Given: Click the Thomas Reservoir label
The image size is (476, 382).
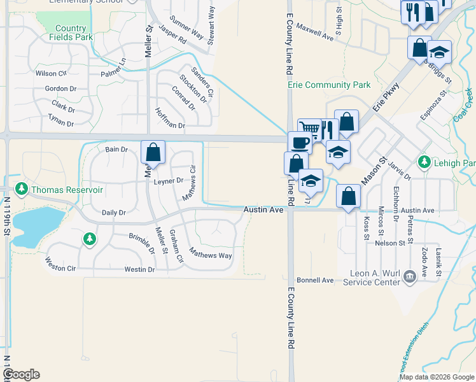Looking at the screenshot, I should coord(67,190).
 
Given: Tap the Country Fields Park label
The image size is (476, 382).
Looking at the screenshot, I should coord(71,32).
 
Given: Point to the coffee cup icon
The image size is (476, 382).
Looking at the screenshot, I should coord(298,141).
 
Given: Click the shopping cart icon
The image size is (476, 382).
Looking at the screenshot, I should coord(309,128).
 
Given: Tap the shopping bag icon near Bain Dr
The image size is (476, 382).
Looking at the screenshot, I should coord(153,151).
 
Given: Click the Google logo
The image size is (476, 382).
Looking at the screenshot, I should coord(20,374).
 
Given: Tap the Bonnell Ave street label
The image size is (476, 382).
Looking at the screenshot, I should coord(314,280).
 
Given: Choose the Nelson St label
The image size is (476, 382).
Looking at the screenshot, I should coord(390,243).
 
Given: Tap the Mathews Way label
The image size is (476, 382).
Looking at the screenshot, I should coord(213,255).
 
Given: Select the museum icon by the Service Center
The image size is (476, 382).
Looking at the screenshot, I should coord(407,275).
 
